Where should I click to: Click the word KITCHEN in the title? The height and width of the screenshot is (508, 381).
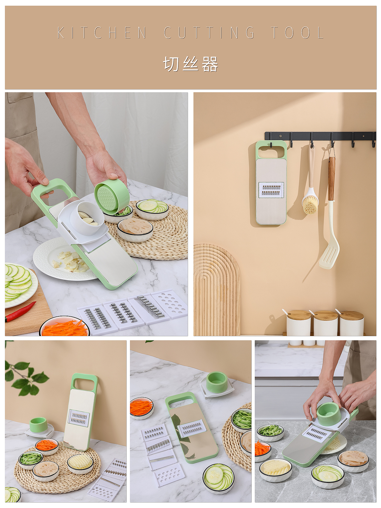click(102, 33)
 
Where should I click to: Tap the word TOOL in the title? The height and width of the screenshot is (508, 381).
click(297, 33)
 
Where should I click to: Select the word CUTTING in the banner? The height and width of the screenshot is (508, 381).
click(209, 33)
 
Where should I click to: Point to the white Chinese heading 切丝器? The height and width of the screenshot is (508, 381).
click(191, 64)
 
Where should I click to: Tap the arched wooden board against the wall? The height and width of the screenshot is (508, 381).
click(217, 290)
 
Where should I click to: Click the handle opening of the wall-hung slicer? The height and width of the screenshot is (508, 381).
click(271, 152)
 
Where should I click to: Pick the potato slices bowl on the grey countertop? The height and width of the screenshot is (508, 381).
click(275, 470)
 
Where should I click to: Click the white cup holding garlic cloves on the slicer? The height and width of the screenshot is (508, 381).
click(87, 219)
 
